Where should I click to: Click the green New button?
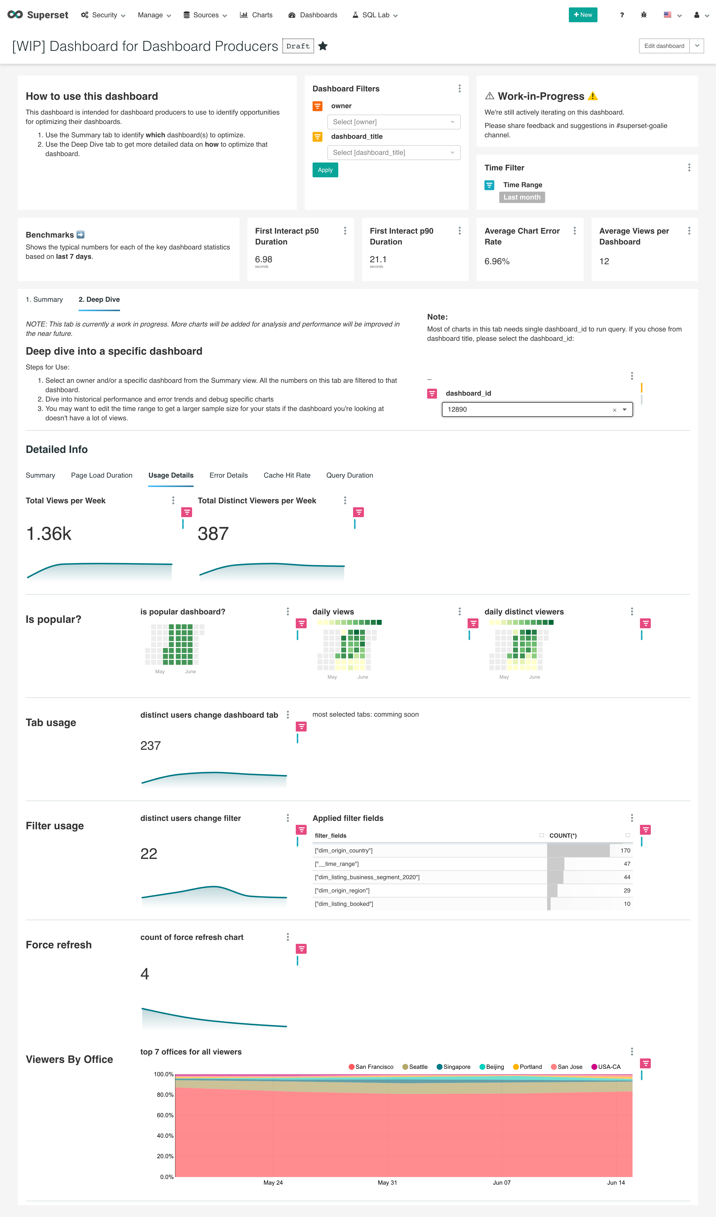click(583, 15)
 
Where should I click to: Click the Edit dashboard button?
click(664, 46)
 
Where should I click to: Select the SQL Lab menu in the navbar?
click(375, 15)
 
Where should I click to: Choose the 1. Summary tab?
click(44, 299)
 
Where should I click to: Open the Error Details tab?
click(228, 475)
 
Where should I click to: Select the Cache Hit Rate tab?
click(287, 475)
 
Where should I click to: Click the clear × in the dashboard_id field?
click(614, 410)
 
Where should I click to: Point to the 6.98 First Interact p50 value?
click(264, 259)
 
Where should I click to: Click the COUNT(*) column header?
click(563, 835)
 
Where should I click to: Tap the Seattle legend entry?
click(418, 1067)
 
